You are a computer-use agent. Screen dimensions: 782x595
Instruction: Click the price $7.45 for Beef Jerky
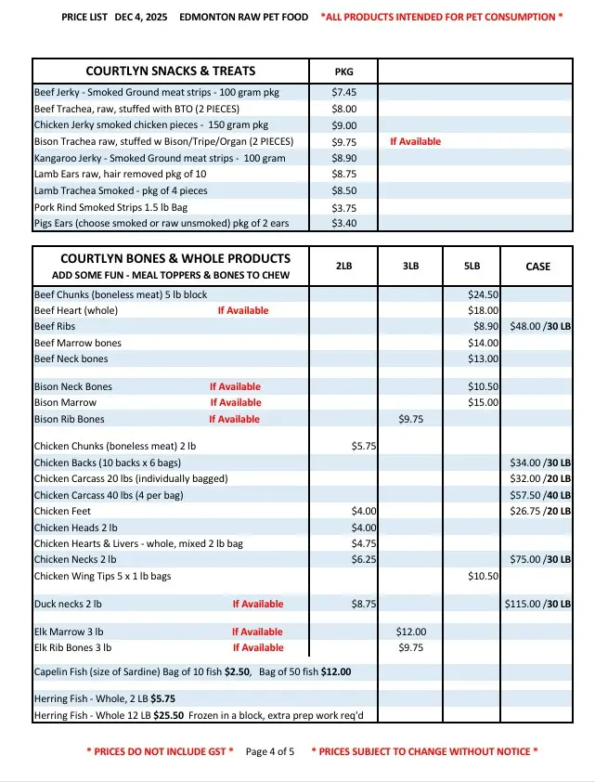343,93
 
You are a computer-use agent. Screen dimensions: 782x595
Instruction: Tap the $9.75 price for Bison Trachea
343,141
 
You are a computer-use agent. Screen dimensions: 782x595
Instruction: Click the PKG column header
343,72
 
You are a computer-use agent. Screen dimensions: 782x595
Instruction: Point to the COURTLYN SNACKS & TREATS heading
171,72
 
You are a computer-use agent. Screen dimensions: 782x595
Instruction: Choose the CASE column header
537,267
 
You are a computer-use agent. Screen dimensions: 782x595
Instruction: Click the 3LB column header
410,267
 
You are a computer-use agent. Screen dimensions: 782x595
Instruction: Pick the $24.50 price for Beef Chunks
484,294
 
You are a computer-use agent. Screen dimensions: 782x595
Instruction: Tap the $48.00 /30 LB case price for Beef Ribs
537,327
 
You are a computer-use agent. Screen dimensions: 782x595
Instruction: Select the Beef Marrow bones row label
78,343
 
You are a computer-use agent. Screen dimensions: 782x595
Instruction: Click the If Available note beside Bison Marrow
236,403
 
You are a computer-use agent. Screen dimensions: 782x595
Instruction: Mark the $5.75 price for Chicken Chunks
363,446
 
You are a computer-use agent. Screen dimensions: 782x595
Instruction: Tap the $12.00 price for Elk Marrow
410,632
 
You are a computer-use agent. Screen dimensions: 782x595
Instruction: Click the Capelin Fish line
192,671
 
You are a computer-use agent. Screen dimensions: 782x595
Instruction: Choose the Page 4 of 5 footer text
269,751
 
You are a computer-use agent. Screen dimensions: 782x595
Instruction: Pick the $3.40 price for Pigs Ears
343,223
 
